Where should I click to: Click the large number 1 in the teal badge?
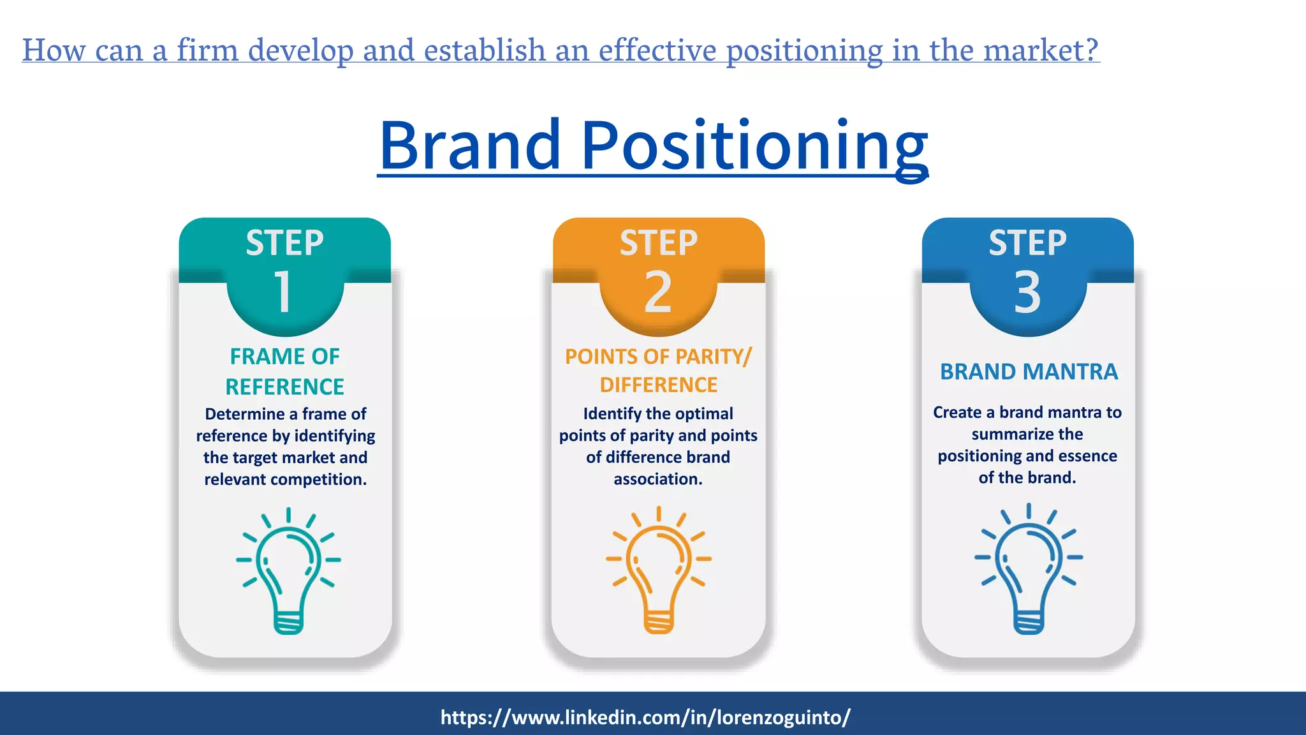point(283,292)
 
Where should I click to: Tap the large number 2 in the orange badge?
point(657,292)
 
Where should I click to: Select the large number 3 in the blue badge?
point(1027,292)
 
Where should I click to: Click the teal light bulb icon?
point(288,571)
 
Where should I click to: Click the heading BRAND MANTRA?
point(1028,371)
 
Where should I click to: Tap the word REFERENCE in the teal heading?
point(284,387)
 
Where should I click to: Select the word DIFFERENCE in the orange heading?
point(658,385)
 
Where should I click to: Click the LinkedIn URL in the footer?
point(645,717)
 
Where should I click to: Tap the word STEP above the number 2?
point(658,243)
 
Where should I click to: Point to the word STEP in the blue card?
point(1027,243)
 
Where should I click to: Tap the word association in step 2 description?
point(657,479)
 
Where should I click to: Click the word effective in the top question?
point(657,50)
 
